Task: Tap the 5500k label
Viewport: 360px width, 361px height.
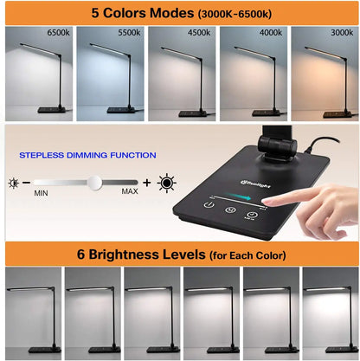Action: pyautogui.click(x=130, y=32)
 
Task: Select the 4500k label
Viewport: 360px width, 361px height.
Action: pyautogui.click(x=199, y=32)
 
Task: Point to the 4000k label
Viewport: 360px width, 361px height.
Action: pyautogui.click(x=270, y=32)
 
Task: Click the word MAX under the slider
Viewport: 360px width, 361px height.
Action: pyautogui.click(x=129, y=191)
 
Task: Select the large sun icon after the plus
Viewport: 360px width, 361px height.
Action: pyautogui.click(x=166, y=183)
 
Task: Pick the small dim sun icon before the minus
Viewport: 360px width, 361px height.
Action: pyautogui.click(x=13, y=184)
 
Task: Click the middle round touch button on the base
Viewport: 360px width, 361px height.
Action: pyautogui.click(x=229, y=207)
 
